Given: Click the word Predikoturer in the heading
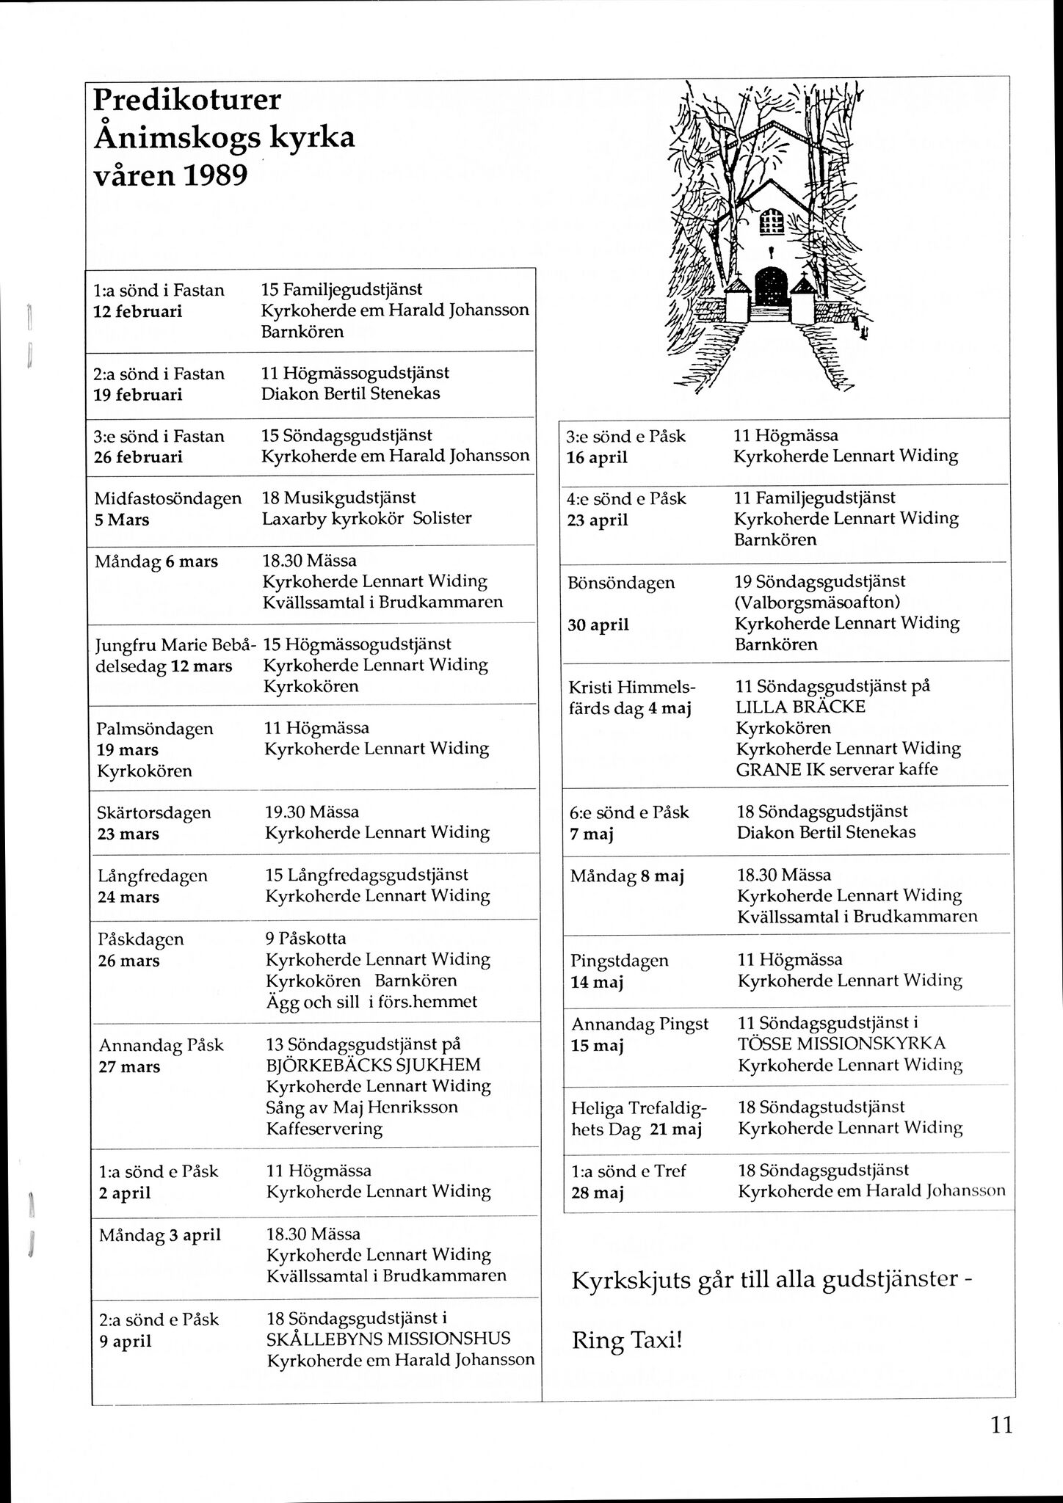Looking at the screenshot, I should click(x=187, y=101).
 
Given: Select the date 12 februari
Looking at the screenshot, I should click(x=137, y=311).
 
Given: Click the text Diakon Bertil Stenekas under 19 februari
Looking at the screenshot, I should click(x=350, y=393).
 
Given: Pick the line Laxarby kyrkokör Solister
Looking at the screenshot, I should click(x=366, y=518).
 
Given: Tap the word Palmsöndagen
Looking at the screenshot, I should click(x=155, y=729).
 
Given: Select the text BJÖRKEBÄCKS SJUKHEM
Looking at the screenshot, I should click(x=373, y=1065).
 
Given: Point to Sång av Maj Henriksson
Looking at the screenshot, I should click(x=361, y=1107).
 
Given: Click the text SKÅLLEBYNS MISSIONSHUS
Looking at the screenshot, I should click(x=388, y=1339).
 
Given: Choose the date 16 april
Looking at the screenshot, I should click(x=598, y=458).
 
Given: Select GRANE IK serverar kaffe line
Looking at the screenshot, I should click(x=837, y=769).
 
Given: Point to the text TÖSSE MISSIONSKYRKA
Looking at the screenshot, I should click(x=841, y=1043).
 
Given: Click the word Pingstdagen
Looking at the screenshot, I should click(x=620, y=961).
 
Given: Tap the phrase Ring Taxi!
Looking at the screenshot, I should click(x=627, y=1342).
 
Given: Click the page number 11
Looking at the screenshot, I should click(x=1001, y=1425).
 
